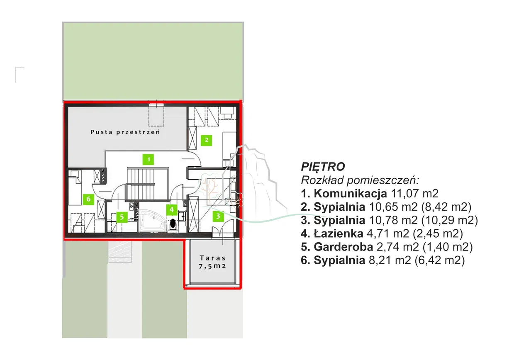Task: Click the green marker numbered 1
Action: (148, 159)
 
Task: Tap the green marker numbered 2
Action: (206, 140)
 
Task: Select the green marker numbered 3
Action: (218, 216)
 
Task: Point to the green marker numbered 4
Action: (172, 209)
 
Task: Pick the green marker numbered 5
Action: (122, 217)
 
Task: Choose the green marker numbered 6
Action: (88, 199)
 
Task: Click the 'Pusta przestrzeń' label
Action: (125, 132)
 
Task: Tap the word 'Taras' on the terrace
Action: (212, 258)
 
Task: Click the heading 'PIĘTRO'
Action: (323, 166)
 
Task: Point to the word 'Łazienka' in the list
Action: (338, 234)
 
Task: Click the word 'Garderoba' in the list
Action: (343, 247)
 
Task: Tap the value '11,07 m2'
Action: (414, 194)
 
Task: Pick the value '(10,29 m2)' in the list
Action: (449, 220)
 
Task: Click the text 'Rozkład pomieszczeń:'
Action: (360, 180)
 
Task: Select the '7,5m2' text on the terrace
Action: (212, 266)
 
